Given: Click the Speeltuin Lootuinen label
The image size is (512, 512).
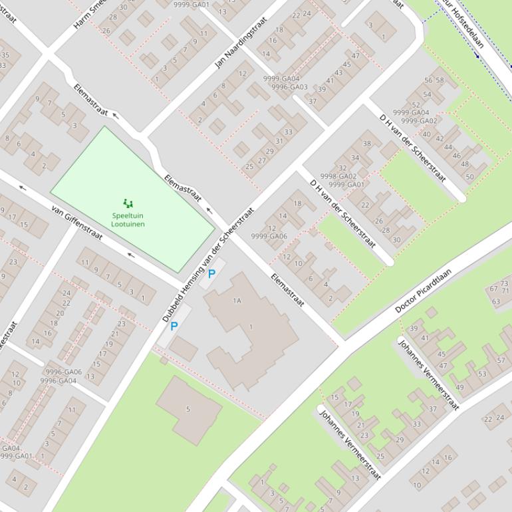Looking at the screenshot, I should [128, 220].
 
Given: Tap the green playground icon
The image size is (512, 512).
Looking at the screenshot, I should [128, 203].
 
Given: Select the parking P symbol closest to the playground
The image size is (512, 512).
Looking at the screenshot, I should [212, 273].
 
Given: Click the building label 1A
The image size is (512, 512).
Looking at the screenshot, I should [237, 301].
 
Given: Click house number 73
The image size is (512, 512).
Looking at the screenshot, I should [505, 284].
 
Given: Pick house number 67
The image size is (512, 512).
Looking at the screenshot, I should [494, 288].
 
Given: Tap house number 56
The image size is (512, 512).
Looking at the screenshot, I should [429, 80].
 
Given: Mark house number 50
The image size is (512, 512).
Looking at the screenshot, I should [469, 177].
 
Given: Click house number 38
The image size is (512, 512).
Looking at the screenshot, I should [366, 144].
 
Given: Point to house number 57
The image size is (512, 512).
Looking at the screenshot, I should [501, 360].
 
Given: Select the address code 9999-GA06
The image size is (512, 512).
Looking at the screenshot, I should [269, 236].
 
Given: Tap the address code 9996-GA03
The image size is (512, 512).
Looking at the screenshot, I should [289, 87].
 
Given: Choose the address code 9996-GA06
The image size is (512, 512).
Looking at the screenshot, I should [63, 372].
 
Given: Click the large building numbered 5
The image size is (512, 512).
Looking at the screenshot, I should [188, 409].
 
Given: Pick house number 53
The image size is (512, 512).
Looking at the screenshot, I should [481, 374].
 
